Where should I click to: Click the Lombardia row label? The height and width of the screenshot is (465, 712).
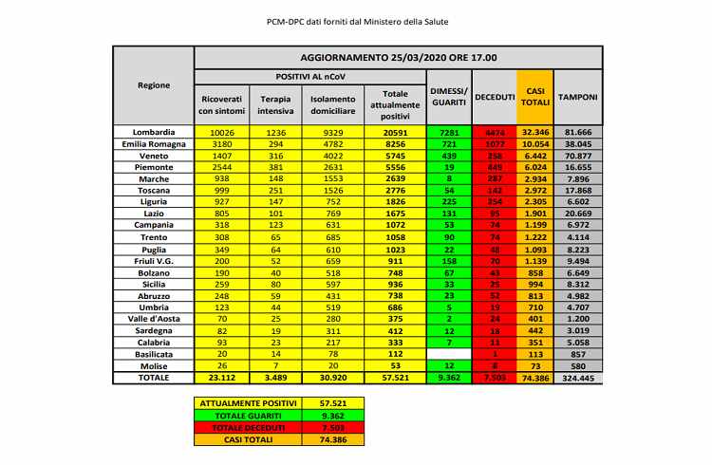153,131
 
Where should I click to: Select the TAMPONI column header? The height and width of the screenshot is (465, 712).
577,98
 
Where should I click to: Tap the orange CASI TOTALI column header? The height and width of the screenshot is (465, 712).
534,98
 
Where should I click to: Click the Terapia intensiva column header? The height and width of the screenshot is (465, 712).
275,104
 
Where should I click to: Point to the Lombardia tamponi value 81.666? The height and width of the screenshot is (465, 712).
577,131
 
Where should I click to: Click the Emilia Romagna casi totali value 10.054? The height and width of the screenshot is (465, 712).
534,143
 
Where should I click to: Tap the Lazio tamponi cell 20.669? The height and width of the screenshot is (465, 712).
577,214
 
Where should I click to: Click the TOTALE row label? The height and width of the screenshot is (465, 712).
153,378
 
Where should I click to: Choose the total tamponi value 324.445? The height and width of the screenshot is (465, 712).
577,378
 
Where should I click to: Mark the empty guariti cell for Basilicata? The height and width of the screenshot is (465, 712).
448,354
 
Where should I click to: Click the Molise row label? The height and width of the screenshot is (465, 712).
153,365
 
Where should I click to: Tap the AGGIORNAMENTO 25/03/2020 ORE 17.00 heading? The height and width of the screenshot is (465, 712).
398,57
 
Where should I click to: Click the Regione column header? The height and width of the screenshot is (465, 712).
153,85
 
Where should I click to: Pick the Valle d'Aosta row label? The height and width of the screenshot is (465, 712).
153,319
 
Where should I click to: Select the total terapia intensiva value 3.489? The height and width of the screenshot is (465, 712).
275,378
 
